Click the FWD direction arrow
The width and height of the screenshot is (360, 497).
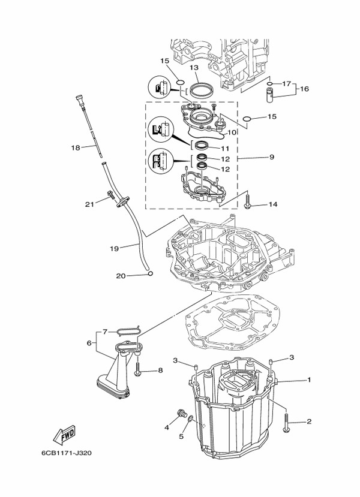click(64, 435)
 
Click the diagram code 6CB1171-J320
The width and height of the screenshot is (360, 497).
click(66, 453)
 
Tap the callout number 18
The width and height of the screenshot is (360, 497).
click(76, 147)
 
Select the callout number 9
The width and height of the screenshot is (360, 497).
click(272, 157)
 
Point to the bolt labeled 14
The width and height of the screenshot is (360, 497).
click(248, 202)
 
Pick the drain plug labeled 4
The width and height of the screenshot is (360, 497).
click(181, 413)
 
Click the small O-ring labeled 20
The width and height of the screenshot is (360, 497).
click(151, 273)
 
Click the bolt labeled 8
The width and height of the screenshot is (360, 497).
click(137, 369)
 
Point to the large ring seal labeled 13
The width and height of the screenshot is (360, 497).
click(201, 91)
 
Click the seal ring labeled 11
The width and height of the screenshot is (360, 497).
click(202, 146)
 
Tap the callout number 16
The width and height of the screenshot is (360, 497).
click(304, 89)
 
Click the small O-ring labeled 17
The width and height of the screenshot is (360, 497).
click(269, 84)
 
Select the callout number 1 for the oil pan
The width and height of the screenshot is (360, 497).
click(309, 379)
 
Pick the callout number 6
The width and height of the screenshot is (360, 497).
click(89, 343)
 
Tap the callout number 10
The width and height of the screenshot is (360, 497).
click(232, 132)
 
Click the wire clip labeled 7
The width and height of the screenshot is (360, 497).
click(128, 330)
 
